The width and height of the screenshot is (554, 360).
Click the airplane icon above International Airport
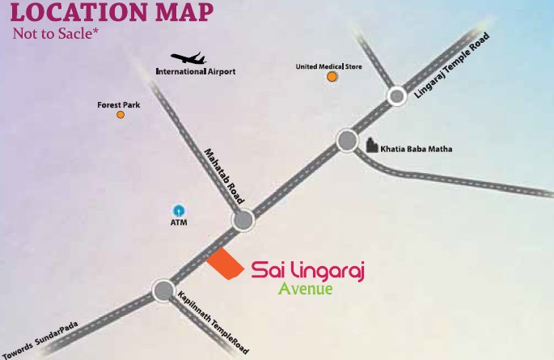[x=188, y=60]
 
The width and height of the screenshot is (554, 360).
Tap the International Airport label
[x=195, y=72]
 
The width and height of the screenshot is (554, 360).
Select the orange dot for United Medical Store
[x=332, y=77]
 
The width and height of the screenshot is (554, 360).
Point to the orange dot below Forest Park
[x=121, y=115]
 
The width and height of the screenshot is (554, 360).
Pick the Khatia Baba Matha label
[x=417, y=149]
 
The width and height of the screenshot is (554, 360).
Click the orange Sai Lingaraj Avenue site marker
[x=225, y=265]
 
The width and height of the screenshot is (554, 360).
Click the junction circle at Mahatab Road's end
[x=243, y=220]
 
